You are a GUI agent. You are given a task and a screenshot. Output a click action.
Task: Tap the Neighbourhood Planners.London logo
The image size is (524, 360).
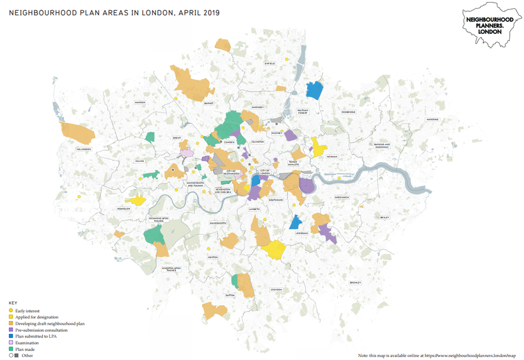(x=489, y=24)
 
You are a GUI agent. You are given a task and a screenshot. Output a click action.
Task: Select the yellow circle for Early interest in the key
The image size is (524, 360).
(x=11, y=311)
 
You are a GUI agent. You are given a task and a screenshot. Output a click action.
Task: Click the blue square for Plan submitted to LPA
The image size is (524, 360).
(x=11, y=336)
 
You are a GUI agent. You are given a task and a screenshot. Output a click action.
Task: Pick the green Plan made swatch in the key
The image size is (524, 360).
(x=11, y=348)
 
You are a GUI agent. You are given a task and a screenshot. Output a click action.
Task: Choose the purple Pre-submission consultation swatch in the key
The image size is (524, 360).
(x=11, y=329)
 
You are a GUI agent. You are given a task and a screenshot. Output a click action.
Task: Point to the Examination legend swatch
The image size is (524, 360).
(x=11, y=342)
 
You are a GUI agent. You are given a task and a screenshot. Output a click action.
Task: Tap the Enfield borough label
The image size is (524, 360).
(x=270, y=63)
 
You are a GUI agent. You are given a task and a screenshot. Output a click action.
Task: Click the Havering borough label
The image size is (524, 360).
(x=433, y=120)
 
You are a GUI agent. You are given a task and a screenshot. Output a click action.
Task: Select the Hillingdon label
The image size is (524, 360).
(x=84, y=149)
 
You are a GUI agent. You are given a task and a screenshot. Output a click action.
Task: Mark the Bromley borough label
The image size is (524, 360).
(x=355, y=282)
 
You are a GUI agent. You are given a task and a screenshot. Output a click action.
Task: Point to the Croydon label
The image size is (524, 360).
(x=276, y=289)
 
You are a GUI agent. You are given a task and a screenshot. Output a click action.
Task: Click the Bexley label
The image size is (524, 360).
(x=385, y=217)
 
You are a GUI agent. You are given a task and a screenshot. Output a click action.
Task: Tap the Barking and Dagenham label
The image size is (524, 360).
(x=383, y=146)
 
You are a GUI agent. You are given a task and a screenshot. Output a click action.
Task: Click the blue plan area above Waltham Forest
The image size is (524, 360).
(x=314, y=90)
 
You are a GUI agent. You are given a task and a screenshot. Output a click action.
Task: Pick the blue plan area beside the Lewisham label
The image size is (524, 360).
(x=296, y=222)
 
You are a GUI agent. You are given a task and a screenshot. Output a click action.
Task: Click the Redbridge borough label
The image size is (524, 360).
(x=348, y=112)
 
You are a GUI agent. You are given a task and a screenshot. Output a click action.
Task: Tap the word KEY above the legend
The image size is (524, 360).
(x=12, y=303)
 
